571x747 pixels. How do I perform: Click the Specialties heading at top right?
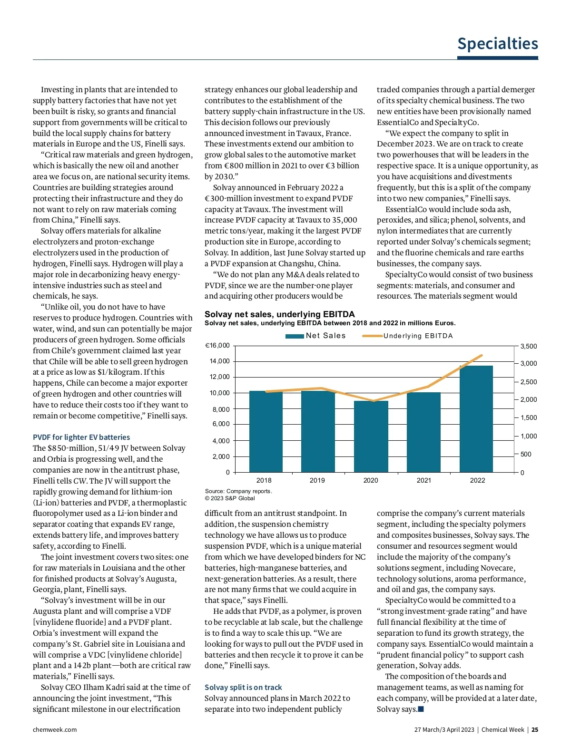(x=497, y=44)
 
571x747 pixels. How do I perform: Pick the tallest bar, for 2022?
(x=476, y=418)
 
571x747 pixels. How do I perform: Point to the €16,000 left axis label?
(x=217, y=346)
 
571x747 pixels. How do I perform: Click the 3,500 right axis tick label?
(x=528, y=346)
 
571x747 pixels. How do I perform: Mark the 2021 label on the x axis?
(x=424, y=480)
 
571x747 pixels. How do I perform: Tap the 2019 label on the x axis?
(x=317, y=480)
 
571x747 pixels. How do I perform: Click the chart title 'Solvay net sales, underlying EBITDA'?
(x=280, y=314)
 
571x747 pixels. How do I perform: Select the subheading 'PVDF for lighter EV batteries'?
(x=81, y=437)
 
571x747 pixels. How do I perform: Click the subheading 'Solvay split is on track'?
(x=243, y=687)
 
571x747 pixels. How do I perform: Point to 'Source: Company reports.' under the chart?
(x=238, y=491)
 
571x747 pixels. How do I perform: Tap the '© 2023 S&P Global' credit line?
(x=230, y=498)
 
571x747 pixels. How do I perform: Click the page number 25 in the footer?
(x=535, y=729)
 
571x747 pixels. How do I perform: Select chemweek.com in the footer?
(x=55, y=729)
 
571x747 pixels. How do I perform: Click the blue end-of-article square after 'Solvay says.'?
(x=421, y=709)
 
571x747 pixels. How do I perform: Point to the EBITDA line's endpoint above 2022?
(x=482, y=355)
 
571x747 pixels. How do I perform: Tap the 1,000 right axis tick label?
(x=528, y=436)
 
